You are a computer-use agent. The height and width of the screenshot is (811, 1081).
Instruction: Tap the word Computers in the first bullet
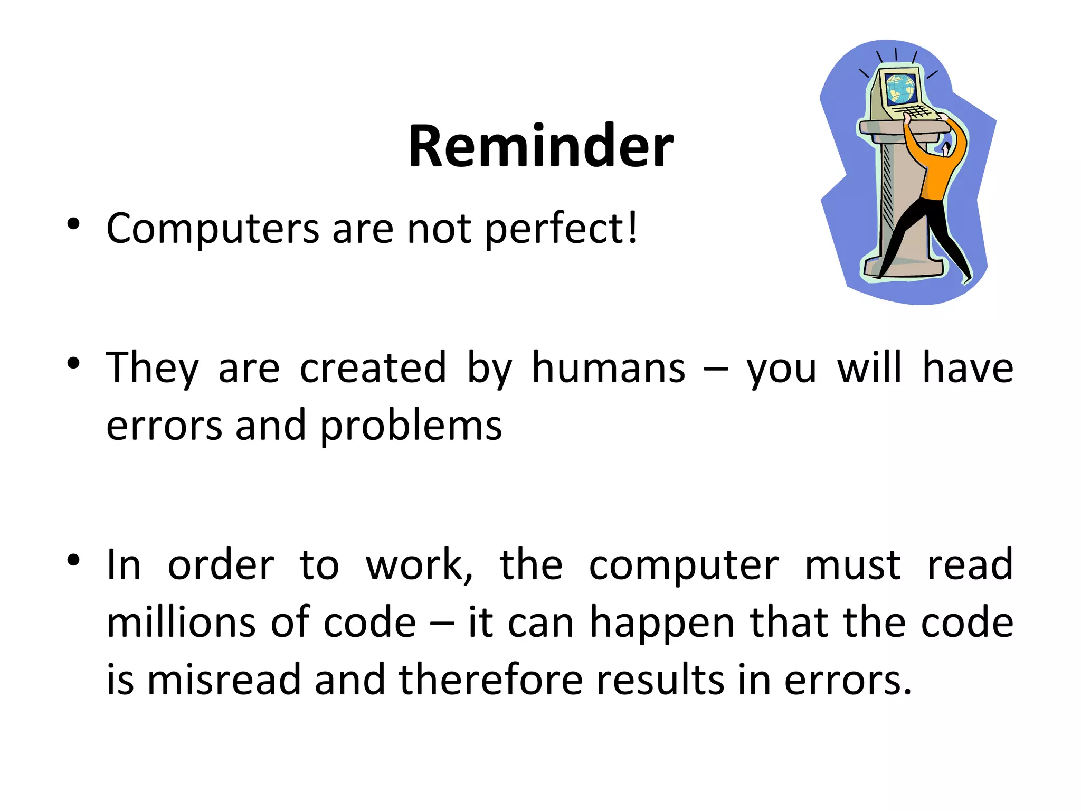tap(213, 229)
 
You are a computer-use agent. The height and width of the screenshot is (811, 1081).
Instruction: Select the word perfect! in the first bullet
tap(561, 229)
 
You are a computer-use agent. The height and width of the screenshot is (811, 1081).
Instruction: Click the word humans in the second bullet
tap(609, 367)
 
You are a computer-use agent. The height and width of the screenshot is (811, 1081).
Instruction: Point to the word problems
tap(411, 426)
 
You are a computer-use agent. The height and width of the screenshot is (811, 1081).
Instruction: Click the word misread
tap(223, 680)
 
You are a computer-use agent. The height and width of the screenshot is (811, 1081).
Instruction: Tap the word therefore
tap(490, 680)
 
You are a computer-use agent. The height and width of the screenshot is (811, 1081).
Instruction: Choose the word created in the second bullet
tap(373, 367)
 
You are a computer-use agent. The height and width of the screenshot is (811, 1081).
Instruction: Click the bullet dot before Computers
tap(73, 224)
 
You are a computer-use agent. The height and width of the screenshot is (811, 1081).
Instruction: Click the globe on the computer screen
tap(900, 88)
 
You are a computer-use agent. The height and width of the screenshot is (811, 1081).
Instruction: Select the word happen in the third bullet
tap(662, 623)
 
